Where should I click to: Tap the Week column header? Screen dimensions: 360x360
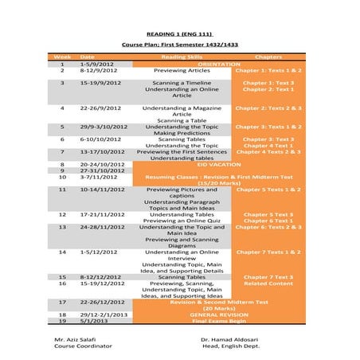[61, 57]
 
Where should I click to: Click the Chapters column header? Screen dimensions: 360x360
[268, 57]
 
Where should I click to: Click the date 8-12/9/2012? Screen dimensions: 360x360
[100, 70]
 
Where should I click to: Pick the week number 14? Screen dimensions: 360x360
[61, 251]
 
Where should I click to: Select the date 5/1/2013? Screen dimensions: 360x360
[94, 320]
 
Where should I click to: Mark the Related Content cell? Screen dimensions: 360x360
[268, 283]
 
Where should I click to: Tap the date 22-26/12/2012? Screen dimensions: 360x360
[103, 302]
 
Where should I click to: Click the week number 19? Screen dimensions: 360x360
[61, 320]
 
